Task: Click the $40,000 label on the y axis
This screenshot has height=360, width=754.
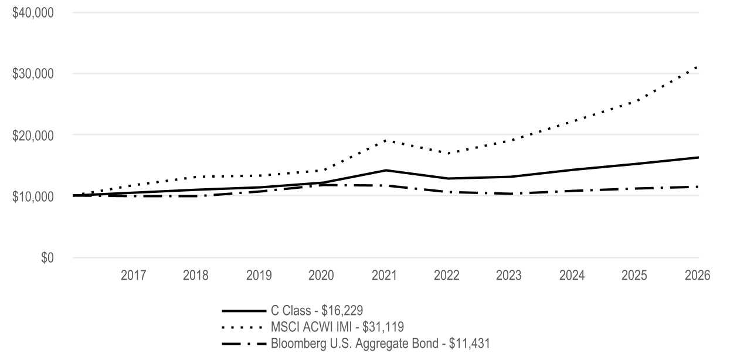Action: click(33, 13)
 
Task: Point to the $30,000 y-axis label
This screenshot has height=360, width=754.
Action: click(33, 74)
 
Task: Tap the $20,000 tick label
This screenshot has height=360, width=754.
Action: click(33, 135)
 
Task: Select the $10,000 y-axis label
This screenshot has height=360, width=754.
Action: click(33, 196)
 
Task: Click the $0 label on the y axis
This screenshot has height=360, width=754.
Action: click(47, 257)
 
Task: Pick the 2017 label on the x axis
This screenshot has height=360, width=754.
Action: click(133, 276)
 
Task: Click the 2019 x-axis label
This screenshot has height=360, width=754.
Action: click(259, 276)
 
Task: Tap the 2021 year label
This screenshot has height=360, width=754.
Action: click(384, 276)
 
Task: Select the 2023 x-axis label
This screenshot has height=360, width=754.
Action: click(508, 276)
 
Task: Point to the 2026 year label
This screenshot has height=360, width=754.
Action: click(698, 276)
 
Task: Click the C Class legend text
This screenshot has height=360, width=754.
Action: click(317, 311)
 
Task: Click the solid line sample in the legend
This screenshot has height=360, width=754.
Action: click(244, 311)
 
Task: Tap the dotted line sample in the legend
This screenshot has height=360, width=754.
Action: click(242, 327)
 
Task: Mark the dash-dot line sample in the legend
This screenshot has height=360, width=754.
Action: click(244, 344)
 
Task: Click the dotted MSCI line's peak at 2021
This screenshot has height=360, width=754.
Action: click(385, 140)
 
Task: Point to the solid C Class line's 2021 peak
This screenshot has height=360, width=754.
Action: click(386, 171)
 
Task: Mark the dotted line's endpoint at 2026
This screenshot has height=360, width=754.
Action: click(697, 68)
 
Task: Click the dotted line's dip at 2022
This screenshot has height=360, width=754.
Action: click(449, 154)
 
